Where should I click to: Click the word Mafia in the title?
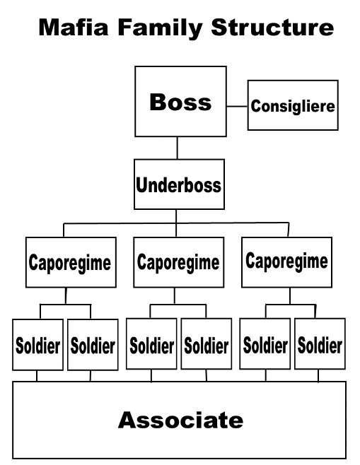point(74,28)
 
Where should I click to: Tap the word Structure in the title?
point(272,28)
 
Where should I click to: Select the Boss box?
point(180,102)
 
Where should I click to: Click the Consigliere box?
point(293,105)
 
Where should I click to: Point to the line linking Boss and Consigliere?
point(237,106)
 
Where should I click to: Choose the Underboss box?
point(179,184)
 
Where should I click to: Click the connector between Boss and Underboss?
point(178,148)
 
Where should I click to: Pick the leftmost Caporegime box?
point(71,262)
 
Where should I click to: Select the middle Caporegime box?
point(179,262)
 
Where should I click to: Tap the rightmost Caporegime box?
point(286,262)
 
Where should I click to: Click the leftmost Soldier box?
point(37,345)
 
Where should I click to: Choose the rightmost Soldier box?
point(320,343)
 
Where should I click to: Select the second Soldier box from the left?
point(93,345)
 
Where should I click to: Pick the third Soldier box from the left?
point(151,343)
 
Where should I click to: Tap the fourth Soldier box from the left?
point(207,343)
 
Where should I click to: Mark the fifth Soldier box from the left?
point(265,343)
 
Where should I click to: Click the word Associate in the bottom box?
point(180,420)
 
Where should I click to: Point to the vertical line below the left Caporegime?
point(66,296)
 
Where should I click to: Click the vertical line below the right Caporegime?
point(290,296)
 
